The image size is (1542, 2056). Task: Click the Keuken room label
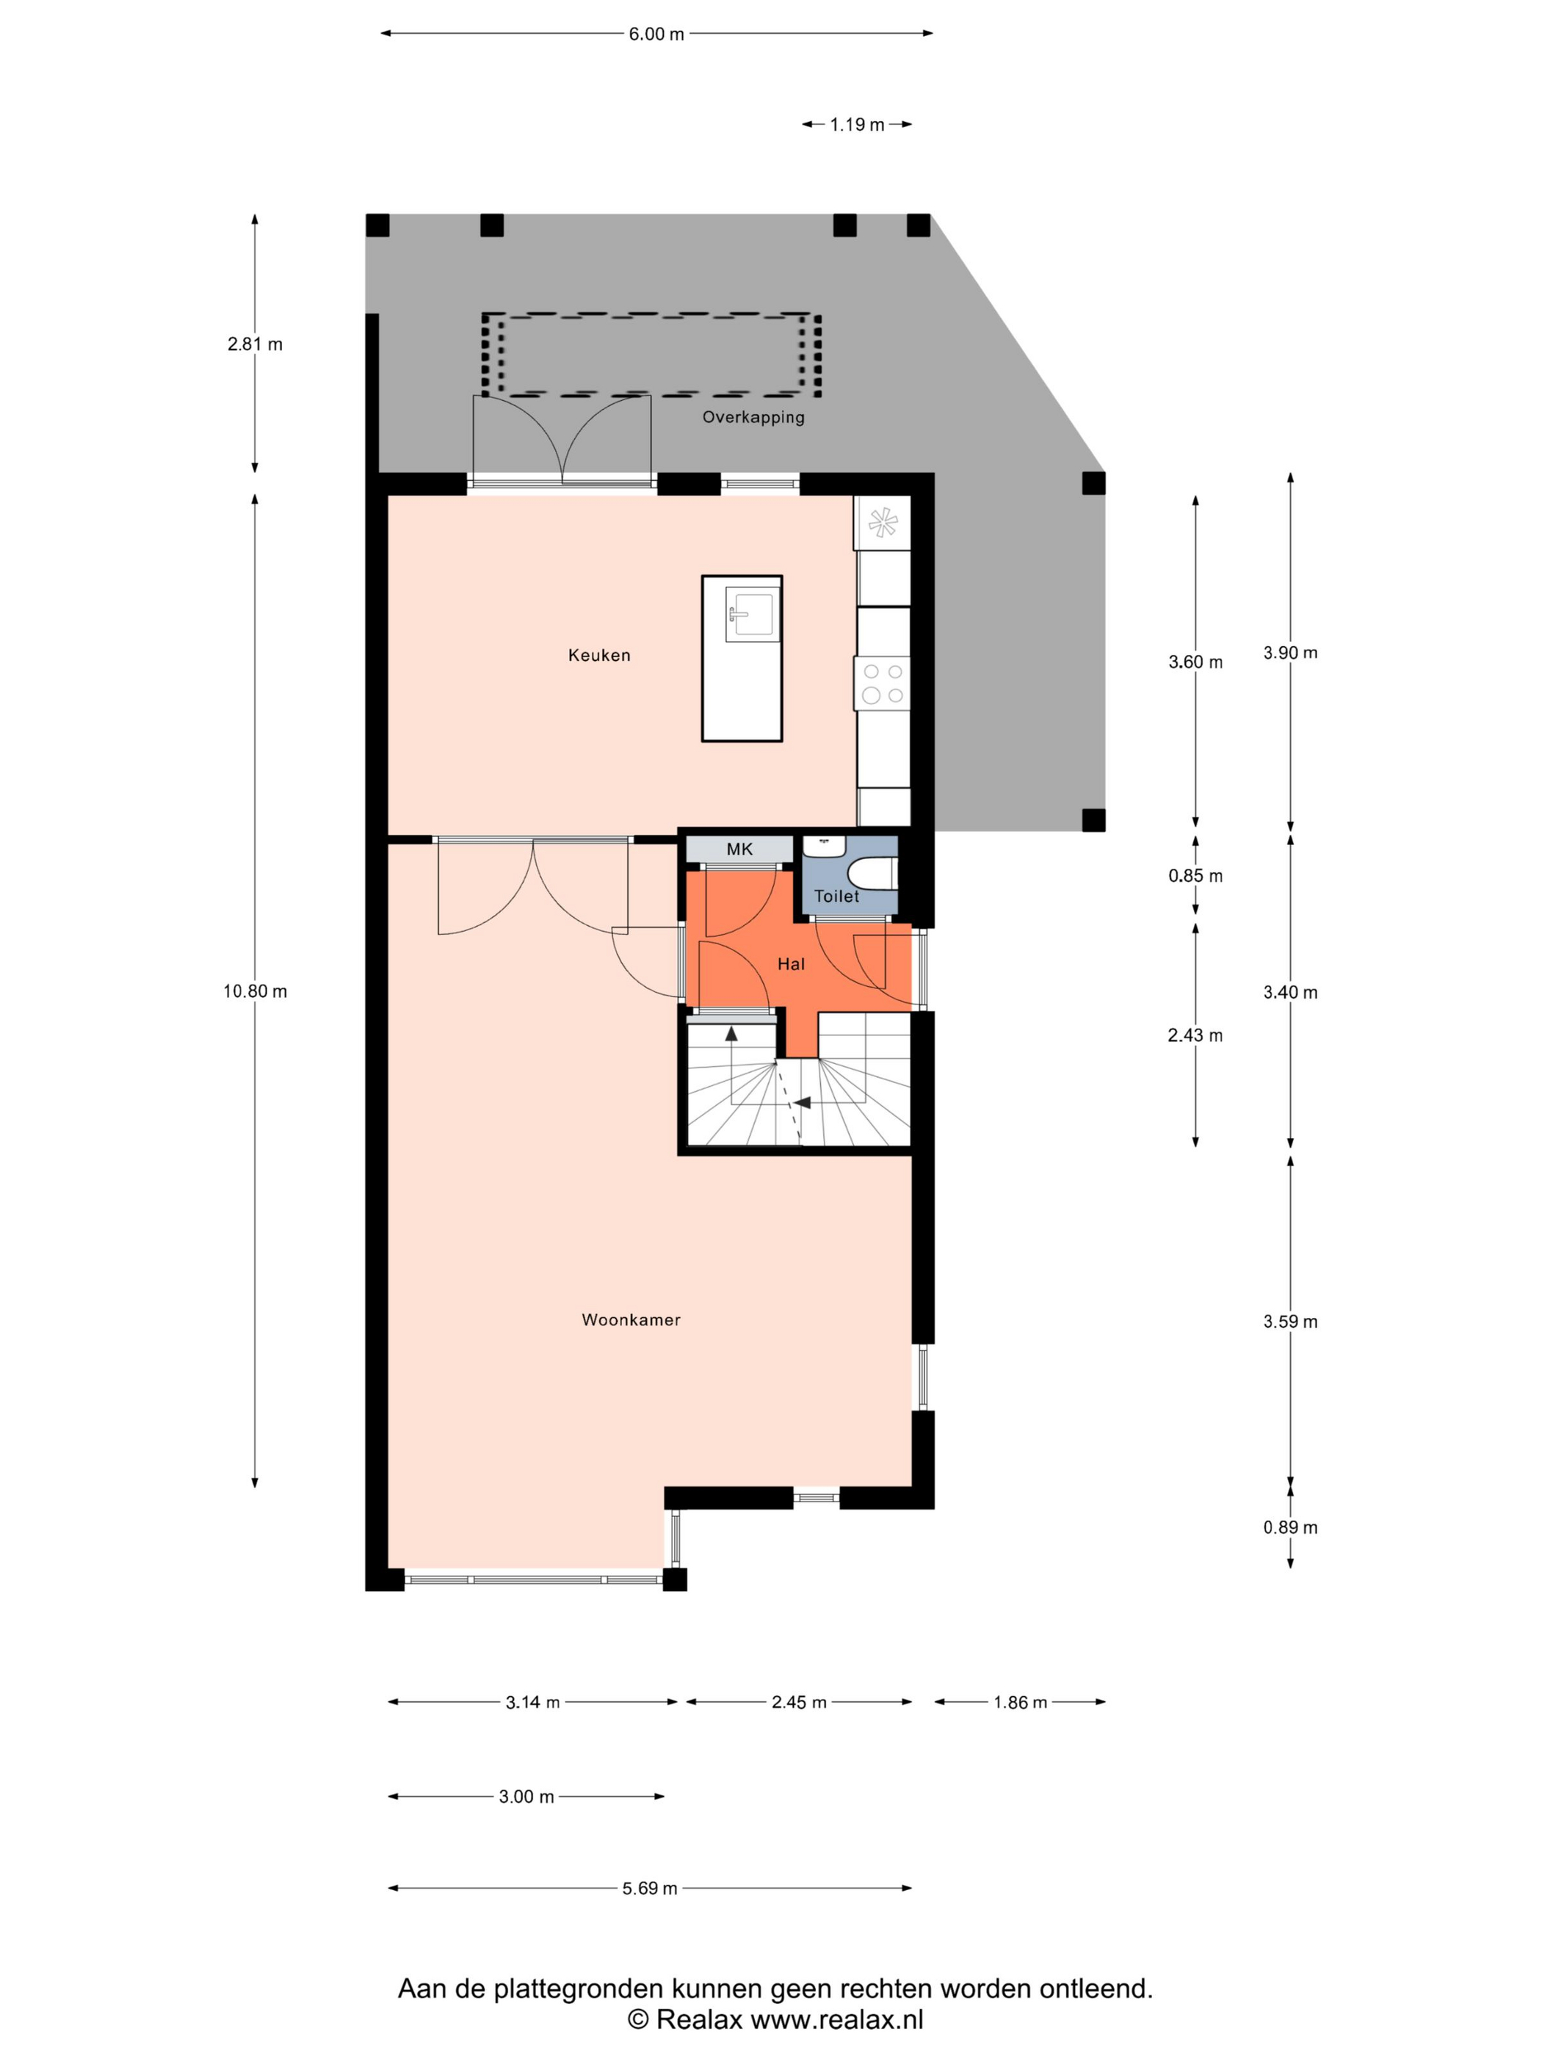click(598, 655)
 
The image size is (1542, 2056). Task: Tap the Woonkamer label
click(631, 1320)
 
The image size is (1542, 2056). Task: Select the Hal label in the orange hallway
click(791, 964)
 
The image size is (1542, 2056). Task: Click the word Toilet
click(836, 896)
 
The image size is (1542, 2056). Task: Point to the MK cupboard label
click(740, 849)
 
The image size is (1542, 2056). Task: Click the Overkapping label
click(753, 417)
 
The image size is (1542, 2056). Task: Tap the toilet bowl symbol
click(871, 874)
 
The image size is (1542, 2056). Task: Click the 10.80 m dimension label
click(255, 992)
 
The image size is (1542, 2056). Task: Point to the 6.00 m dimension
click(656, 35)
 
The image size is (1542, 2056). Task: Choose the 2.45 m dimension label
click(798, 1702)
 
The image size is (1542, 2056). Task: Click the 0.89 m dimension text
click(1290, 1527)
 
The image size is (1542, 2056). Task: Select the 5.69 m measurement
click(650, 1888)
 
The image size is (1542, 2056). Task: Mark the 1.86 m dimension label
click(1020, 1702)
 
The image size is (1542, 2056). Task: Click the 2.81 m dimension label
click(255, 344)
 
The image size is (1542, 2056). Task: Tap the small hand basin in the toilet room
click(824, 846)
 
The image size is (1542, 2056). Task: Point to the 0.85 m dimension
click(1195, 875)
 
